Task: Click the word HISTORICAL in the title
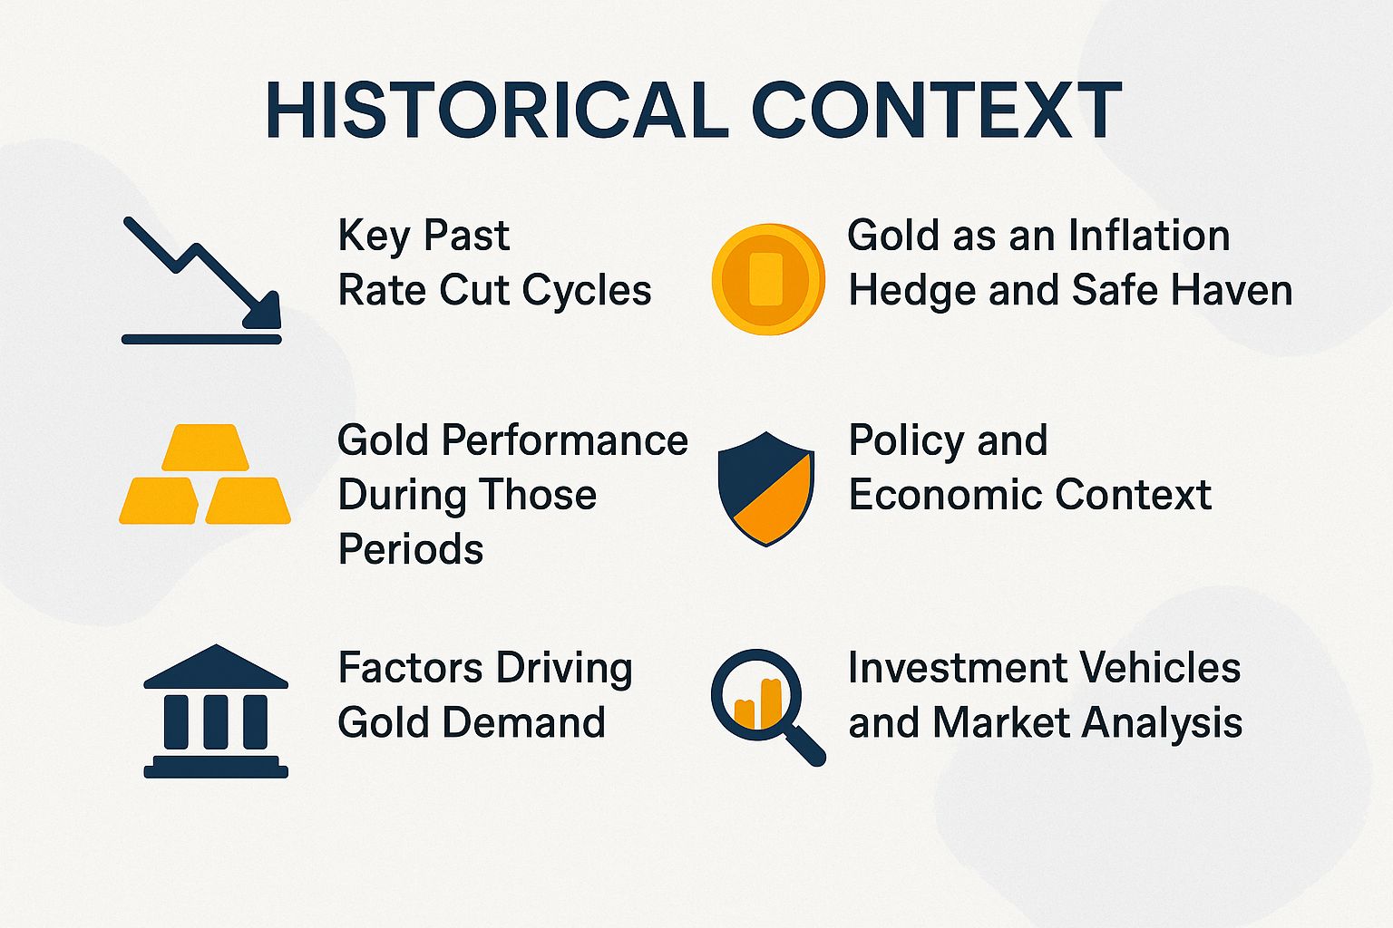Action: (495, 111)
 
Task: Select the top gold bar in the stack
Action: (205, 447)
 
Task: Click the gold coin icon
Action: (767, 279)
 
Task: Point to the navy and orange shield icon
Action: (766, 488)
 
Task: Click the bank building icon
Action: (216, 711)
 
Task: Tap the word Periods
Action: (411, 549)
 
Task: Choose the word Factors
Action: (396, 668)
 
